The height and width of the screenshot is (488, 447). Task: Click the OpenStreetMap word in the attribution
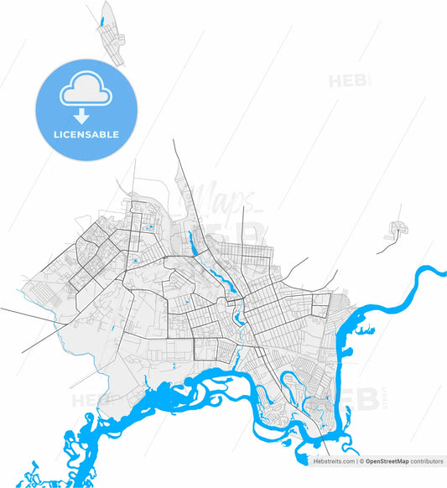(x=387, y=461)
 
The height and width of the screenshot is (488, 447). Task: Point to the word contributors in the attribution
(x=427, y=461)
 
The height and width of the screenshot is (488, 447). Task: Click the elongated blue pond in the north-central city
(x=192, y=243)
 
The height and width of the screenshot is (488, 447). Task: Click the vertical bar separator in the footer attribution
(x=357, y=461)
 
